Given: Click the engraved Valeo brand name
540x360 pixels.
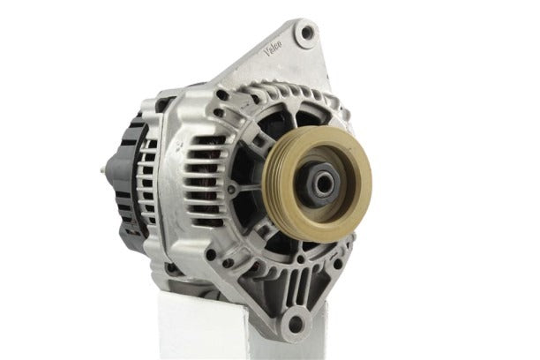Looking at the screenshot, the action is click(x=274, y=48).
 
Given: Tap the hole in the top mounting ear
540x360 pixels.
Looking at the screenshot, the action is click(x=306, y=34).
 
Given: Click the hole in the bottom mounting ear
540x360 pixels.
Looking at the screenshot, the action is click(x=295, y=324).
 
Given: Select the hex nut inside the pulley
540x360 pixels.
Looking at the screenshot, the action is click(x=319, y=183).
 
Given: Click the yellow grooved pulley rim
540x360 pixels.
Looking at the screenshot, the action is click(x=317, y=184).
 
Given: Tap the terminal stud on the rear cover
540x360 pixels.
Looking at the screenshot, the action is click(x=104, y=170).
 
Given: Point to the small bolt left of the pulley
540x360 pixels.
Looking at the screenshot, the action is click(x=232, y=189).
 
